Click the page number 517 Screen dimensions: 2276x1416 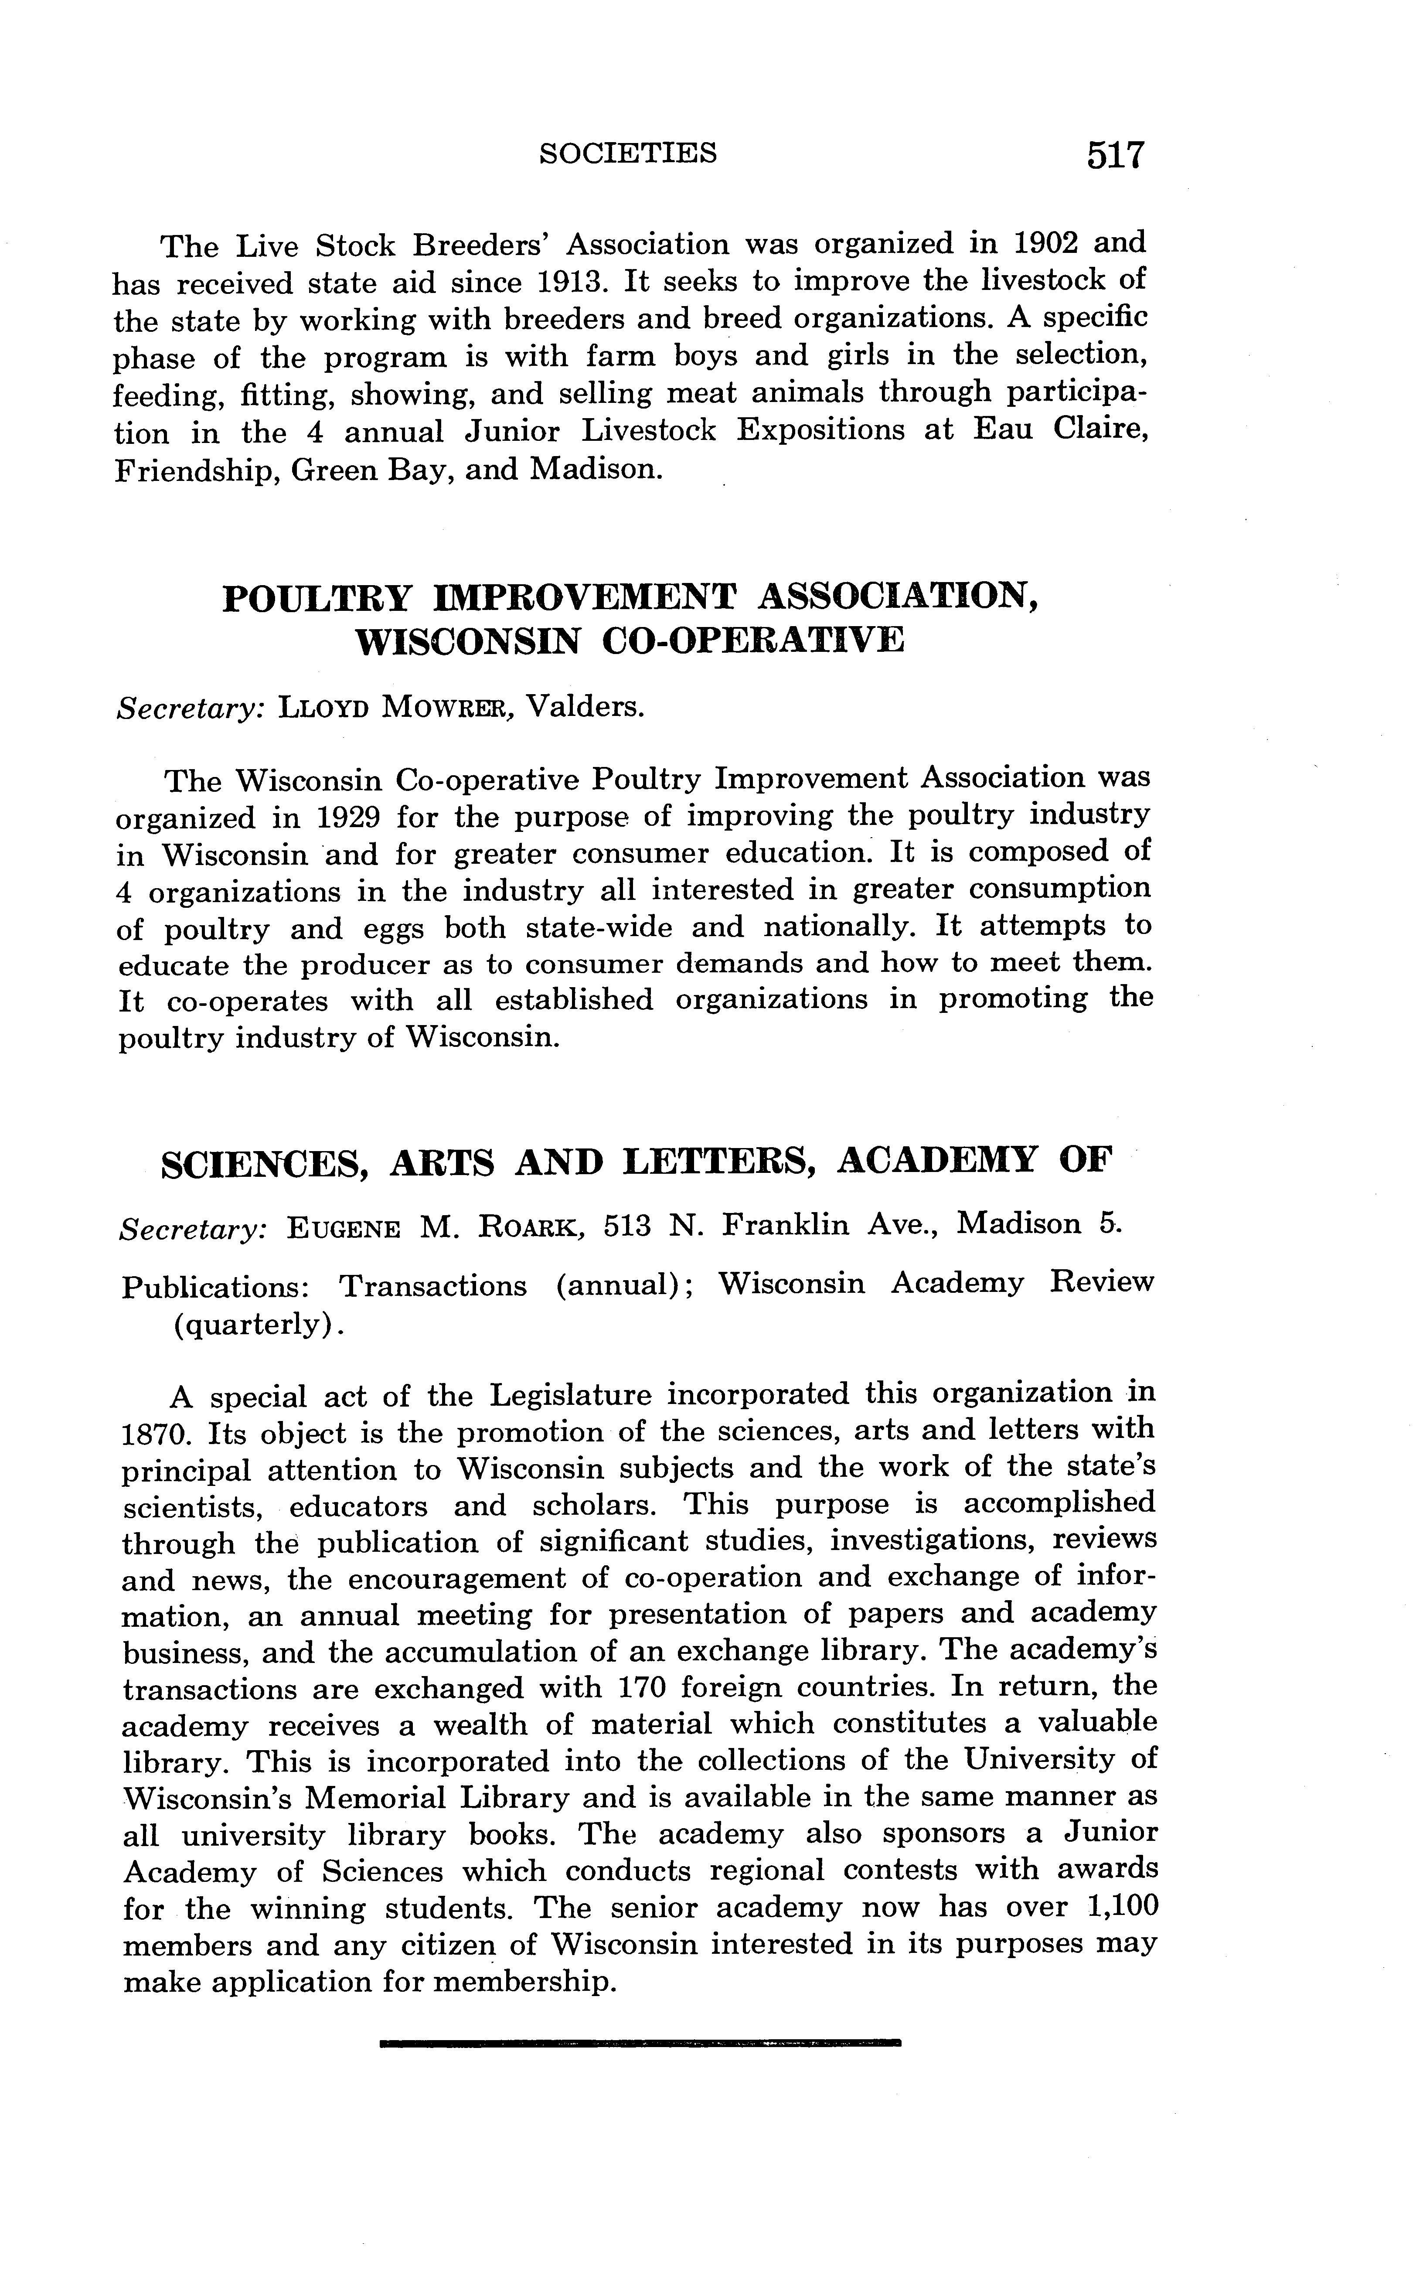pyautogui.click(x=1115, y=154)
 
